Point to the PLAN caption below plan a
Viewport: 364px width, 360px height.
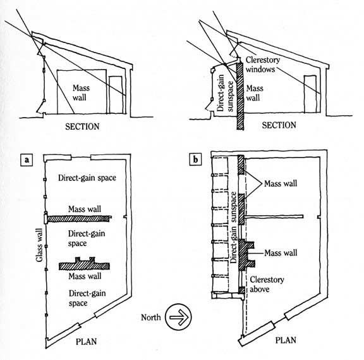pyautogui.click(x=86, y=342)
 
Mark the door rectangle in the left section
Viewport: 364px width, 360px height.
pyautogui.click(x=116, y=96)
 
